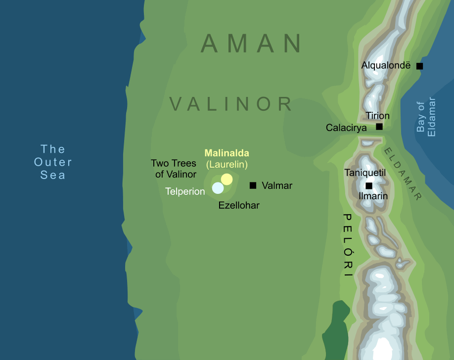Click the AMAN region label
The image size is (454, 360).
click(x=252, y=44)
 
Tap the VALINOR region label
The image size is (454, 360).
click(x=231, y=104)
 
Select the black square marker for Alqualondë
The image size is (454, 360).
click(x=419, y=66)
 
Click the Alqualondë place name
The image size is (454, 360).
click(x=386, y=65)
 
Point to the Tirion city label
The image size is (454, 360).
click(x=377, y=116)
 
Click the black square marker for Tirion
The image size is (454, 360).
click(x=379, y=127)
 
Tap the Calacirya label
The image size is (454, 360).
click(x=346, y=128)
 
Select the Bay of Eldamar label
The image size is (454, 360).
click(x=426, y=117)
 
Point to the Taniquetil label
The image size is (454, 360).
click(x=365, y=173)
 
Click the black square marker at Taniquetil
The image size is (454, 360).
click(x=368, y=186)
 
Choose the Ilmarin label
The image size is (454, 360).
click(x=373, y=196)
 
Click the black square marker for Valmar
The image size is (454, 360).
click(x=253, y=185)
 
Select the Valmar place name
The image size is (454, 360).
click(x=277, y=186)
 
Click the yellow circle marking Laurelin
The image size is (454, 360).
click(x=227, y=179)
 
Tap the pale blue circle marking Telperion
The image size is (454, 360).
click(x=218, y=188)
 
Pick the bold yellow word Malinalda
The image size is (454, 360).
click(x=227, y=153)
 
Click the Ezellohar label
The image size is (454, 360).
click(x=239, y=205)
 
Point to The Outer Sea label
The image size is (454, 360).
click(x=53, y=162)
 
